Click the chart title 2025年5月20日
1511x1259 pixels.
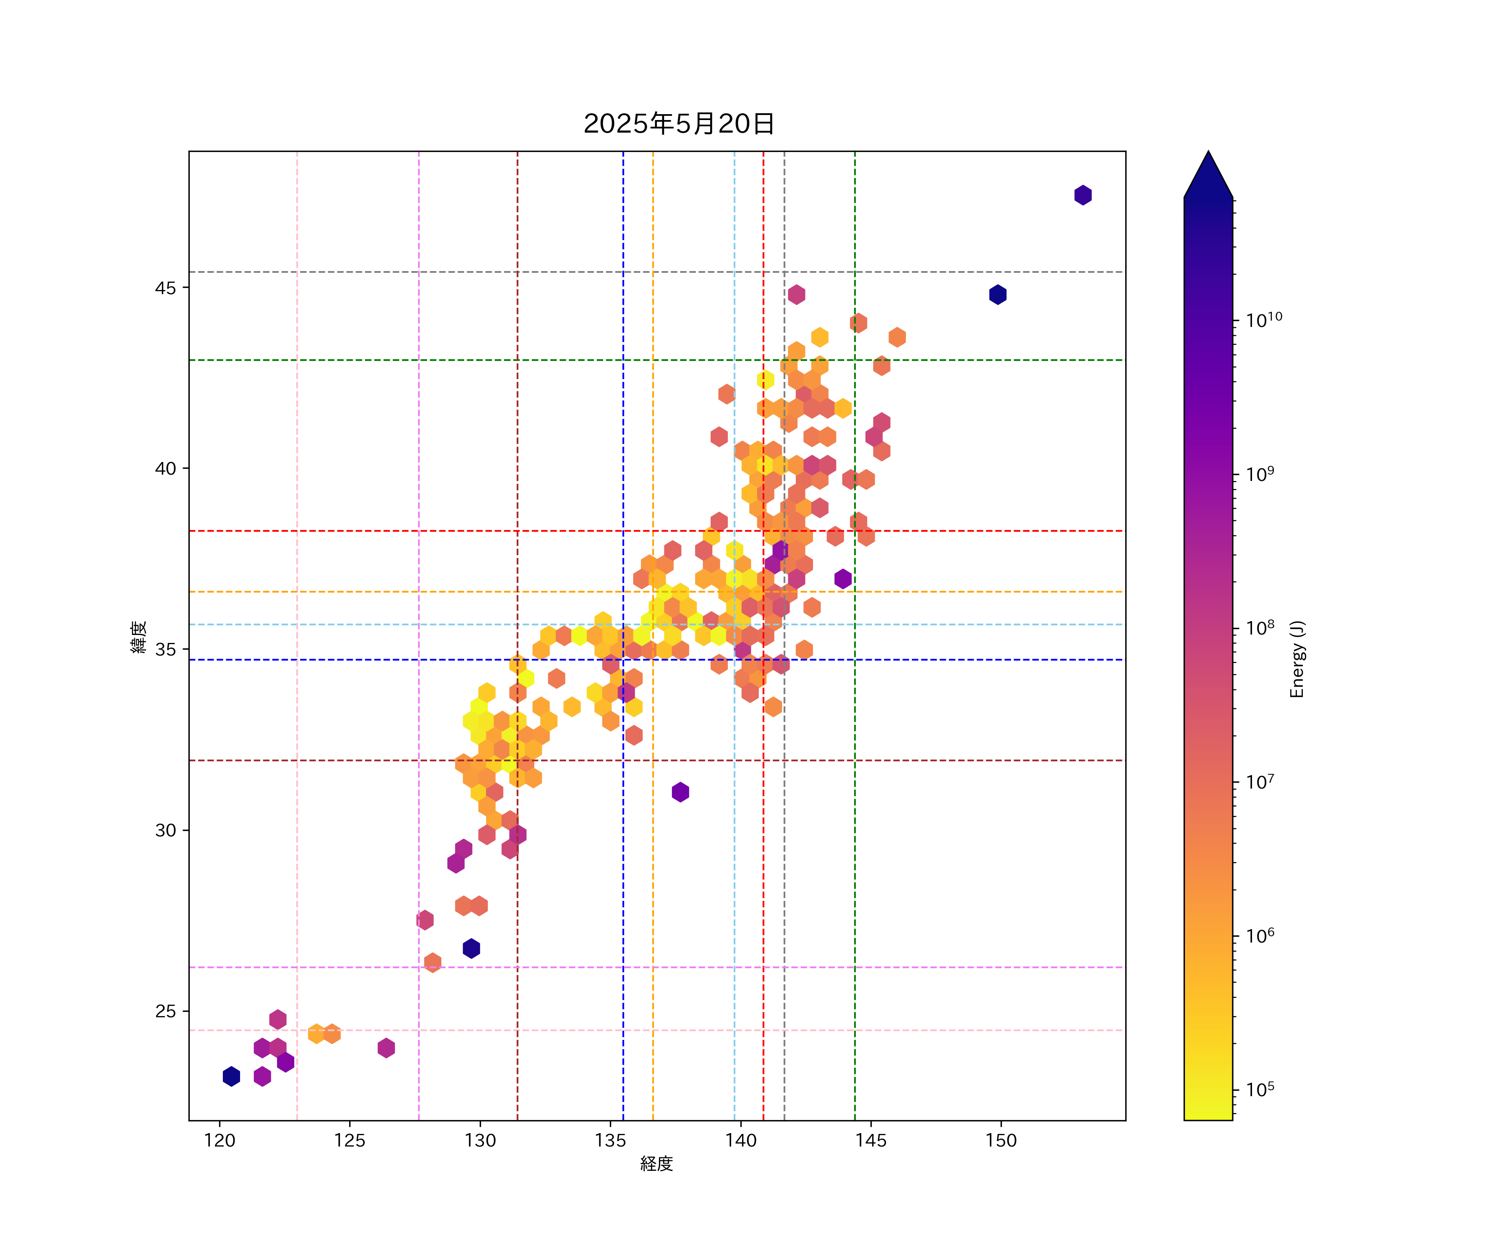(x=679, y=124)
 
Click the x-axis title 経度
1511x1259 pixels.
(x=656, y=1163)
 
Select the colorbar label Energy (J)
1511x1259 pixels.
(x=1297, y=659)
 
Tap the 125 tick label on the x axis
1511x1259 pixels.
(x=350, y=1140)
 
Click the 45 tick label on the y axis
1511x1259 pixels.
(x=165, y=288)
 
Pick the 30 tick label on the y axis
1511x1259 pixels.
(x=165, y=830)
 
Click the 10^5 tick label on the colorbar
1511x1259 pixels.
(x=1260, y=1089)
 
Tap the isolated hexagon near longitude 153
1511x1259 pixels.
(x=1083, y=195)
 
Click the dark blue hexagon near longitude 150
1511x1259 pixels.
(x=997, y=294)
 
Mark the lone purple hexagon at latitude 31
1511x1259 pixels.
(x=680, y=792)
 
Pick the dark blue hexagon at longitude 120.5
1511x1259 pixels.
(x=231, y=1076)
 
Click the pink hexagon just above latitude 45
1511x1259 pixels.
(x=796, y=294)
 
